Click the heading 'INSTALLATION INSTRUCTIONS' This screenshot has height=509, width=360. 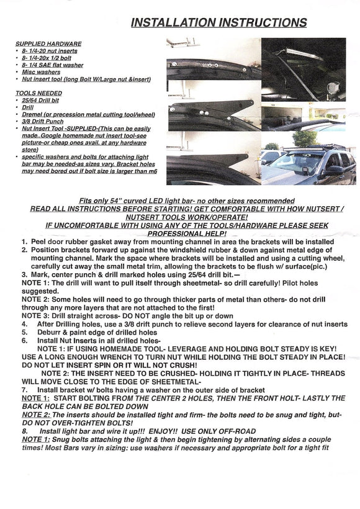[218, 22]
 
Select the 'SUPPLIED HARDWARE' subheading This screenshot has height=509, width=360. [48, 44]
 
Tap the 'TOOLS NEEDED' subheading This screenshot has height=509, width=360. [38, 93]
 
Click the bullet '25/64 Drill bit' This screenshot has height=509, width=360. [40, 101]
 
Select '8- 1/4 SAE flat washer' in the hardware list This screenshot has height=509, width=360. [52, 65]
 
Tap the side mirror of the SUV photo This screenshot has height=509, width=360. [335, 169]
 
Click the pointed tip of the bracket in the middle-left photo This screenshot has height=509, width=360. [252, 102]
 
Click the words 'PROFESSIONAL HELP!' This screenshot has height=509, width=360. [187, 234]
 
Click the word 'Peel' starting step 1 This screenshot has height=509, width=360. [38, 242]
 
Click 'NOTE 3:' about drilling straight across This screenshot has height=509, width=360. [36, 316]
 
